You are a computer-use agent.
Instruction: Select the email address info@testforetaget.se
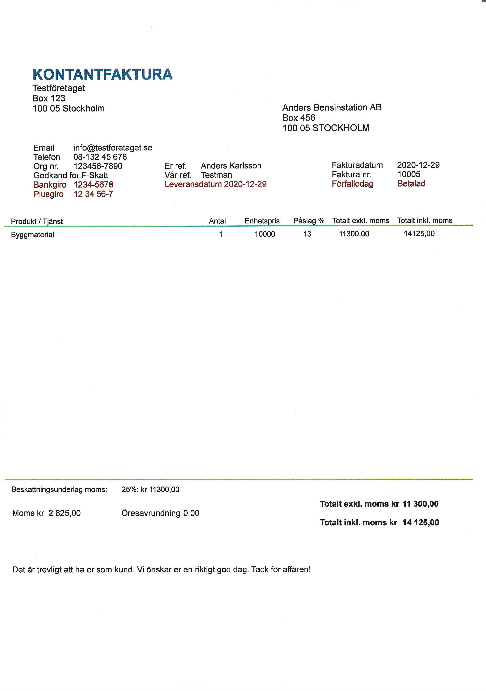tap(113, 148)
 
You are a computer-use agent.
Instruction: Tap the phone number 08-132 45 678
tap(100, 157)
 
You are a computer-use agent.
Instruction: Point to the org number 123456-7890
tap(98, 166)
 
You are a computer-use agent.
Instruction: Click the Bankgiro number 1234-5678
tap(93, 184)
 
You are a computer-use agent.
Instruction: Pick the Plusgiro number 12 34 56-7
tap(93, 194)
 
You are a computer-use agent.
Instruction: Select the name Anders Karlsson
tap(231, 166)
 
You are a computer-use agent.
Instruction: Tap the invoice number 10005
tap(409, 174)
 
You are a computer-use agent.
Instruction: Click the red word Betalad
tap(411, 184)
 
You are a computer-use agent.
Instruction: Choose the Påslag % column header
tap(309, 221)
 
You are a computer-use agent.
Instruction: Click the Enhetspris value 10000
tap(265, 234)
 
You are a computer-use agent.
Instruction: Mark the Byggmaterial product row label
tap(33, 235)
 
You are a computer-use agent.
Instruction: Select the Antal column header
tap(217, 221)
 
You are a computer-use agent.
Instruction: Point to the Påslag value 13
tap(307, 234)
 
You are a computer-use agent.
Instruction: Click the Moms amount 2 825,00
tap(64, 513)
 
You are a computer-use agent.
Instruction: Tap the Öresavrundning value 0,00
tap(191, 513)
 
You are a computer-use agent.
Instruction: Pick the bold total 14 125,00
tap(420, 523)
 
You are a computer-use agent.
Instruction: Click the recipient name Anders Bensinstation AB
tap(332, 107)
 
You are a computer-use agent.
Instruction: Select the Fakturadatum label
tap(357, 165)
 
